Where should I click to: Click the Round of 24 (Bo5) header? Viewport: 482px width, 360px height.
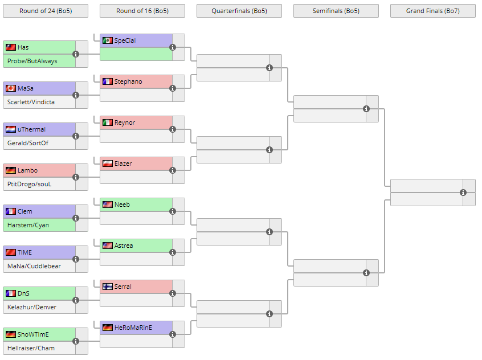[45, 11]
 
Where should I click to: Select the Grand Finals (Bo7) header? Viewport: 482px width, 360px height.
[432, 11]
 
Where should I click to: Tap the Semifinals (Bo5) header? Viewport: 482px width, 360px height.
[336, 11]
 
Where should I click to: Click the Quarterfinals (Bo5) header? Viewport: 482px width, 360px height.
[239, 11]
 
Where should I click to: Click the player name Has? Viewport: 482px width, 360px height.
[23, 47]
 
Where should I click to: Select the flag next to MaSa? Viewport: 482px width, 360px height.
[10, 88]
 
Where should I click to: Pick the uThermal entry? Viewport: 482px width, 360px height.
[31, 129]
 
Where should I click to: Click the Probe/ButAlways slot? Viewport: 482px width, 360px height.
[32, 61]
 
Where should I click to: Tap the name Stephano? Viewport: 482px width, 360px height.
[128, 81]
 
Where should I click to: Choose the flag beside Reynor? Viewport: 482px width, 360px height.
[107, 122]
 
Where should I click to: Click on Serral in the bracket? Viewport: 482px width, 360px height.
[122, 287]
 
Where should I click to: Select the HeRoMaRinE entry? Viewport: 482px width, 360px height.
[133, 328]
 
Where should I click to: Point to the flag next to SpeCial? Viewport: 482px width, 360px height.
[107, 40]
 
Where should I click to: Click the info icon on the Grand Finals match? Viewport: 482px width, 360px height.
[463, 193]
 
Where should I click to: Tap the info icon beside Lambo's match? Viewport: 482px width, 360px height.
[76, 177]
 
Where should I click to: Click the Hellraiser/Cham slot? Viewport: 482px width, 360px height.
[31, 348]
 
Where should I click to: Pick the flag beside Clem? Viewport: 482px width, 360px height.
[10, 211]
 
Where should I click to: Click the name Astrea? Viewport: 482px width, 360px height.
[124, 246]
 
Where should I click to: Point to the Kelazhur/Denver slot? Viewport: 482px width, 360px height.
[32, 307]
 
